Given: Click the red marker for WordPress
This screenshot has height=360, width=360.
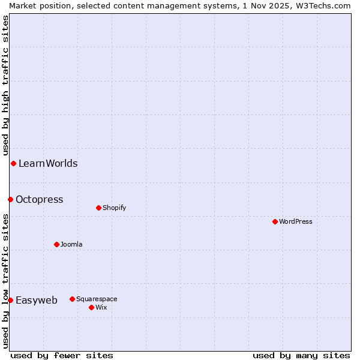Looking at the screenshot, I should (x=275, y=221).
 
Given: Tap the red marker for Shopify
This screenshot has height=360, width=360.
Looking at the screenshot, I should (x=98, y=208).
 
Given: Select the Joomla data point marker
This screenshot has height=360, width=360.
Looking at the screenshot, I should (x=56, y=244).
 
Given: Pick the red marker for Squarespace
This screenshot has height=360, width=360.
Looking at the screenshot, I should (x=72, y=299).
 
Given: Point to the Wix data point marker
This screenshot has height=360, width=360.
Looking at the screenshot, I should (x=91, y=307).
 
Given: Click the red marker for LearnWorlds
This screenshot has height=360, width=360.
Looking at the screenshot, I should (x=13, y=163).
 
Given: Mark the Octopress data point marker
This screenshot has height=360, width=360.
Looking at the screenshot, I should (x=10, y=199).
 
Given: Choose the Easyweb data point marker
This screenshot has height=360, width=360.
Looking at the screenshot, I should (x=10, y=300).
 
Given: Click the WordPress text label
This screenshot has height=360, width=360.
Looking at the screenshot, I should (x=296, y=221).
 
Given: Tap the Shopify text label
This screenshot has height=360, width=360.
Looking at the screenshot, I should (x=114, y=208).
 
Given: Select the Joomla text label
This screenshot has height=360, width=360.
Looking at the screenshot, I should (x=71, y=244).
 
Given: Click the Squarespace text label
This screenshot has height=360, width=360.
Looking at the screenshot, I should (x=97, y=299).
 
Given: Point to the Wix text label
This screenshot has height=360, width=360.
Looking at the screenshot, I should (x=101, y=307).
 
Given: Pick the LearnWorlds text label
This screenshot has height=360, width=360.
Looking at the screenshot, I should (x=48, y=163).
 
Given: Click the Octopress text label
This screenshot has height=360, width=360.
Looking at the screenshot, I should (x=39, y=199).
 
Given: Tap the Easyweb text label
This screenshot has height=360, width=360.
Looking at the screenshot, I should (x=37, y=300).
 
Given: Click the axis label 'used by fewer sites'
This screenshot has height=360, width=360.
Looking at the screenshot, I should (x=62, y=355).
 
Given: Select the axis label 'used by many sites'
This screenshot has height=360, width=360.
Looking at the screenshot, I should (x=301, y=355).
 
